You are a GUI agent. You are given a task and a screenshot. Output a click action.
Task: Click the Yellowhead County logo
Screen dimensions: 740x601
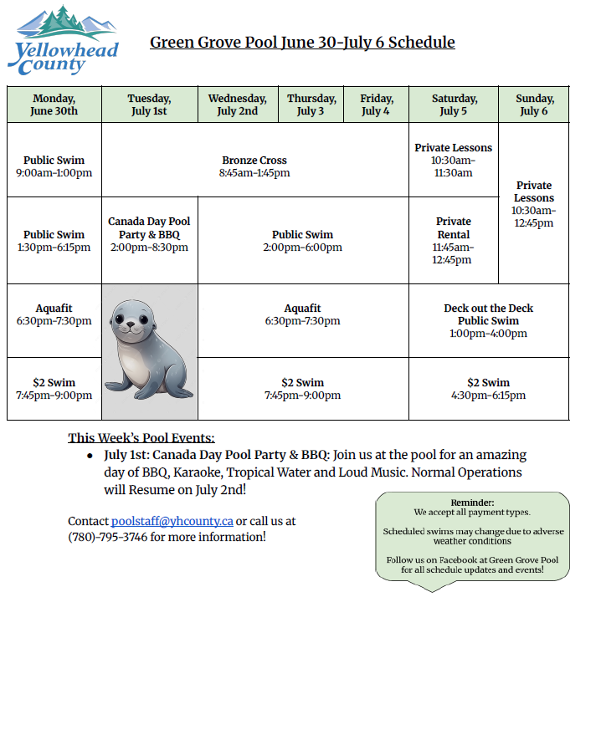63,42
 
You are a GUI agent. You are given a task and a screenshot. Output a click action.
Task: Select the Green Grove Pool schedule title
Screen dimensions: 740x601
302,42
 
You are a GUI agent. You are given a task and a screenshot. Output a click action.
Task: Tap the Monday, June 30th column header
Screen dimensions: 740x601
54,105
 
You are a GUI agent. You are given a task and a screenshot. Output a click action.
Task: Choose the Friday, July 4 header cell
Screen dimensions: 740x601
376,105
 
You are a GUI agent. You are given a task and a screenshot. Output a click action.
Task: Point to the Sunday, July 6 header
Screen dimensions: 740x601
534,105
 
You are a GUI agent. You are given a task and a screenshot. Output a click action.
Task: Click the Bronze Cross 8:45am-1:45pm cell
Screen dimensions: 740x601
254,166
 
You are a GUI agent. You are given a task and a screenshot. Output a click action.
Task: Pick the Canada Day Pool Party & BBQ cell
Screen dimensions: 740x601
150,235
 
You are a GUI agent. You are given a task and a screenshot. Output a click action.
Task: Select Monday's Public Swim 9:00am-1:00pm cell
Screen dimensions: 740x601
54,166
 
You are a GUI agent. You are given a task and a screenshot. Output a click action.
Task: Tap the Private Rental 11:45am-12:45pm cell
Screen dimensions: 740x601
454,241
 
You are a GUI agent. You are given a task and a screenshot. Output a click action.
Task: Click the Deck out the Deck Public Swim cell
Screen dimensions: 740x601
489,321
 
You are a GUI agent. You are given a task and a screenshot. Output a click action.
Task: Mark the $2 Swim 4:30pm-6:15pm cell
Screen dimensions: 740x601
489,389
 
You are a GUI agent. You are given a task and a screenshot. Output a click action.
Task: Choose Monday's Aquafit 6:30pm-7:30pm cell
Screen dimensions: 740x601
54,321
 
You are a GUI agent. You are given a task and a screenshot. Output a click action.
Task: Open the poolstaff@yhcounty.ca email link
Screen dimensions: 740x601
172,521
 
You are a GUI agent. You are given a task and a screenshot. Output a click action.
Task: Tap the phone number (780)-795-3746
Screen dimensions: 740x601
107,537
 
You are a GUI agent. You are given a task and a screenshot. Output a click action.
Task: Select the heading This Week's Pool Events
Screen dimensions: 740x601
141,437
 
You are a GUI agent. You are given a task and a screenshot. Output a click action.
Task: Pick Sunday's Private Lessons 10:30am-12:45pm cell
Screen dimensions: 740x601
534,204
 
